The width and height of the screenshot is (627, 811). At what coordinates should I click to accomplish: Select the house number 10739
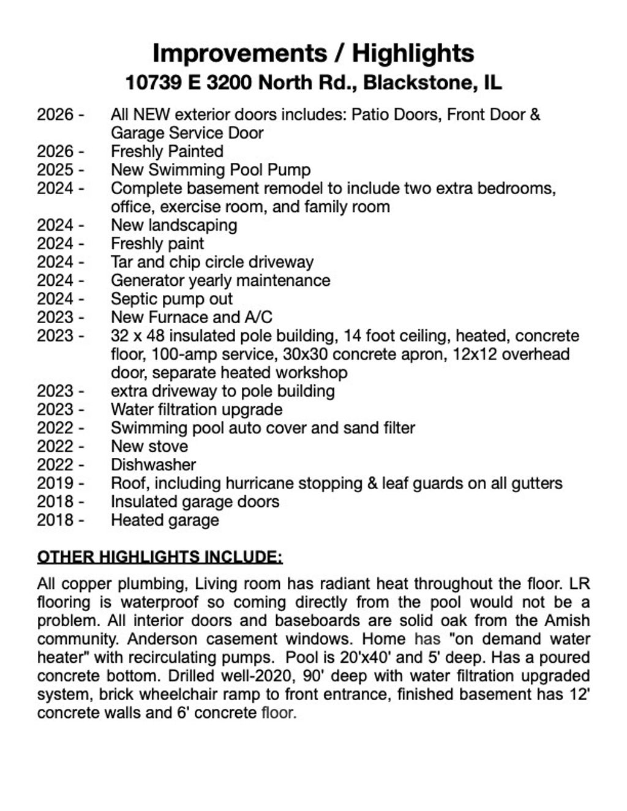(153, 82)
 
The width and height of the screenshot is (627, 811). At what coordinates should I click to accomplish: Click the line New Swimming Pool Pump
(211, 170)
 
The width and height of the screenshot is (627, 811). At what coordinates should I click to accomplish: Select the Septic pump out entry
(171, 299)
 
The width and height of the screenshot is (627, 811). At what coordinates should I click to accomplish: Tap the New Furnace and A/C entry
(191, 317)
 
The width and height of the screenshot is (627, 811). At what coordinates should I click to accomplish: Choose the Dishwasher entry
(153, 465)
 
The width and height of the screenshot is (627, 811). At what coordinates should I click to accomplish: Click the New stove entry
(149, 446)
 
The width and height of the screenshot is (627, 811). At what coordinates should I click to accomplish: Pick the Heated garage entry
(165, 520)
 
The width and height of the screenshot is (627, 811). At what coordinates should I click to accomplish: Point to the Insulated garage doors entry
(195, 502)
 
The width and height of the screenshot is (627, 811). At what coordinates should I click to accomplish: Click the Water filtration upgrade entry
(197, 409)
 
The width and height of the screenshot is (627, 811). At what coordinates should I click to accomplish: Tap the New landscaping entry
(174, 225)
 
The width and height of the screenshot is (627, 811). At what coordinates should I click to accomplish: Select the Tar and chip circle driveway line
(212, 262)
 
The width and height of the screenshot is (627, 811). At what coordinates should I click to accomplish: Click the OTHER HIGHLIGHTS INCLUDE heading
(160, 557)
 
